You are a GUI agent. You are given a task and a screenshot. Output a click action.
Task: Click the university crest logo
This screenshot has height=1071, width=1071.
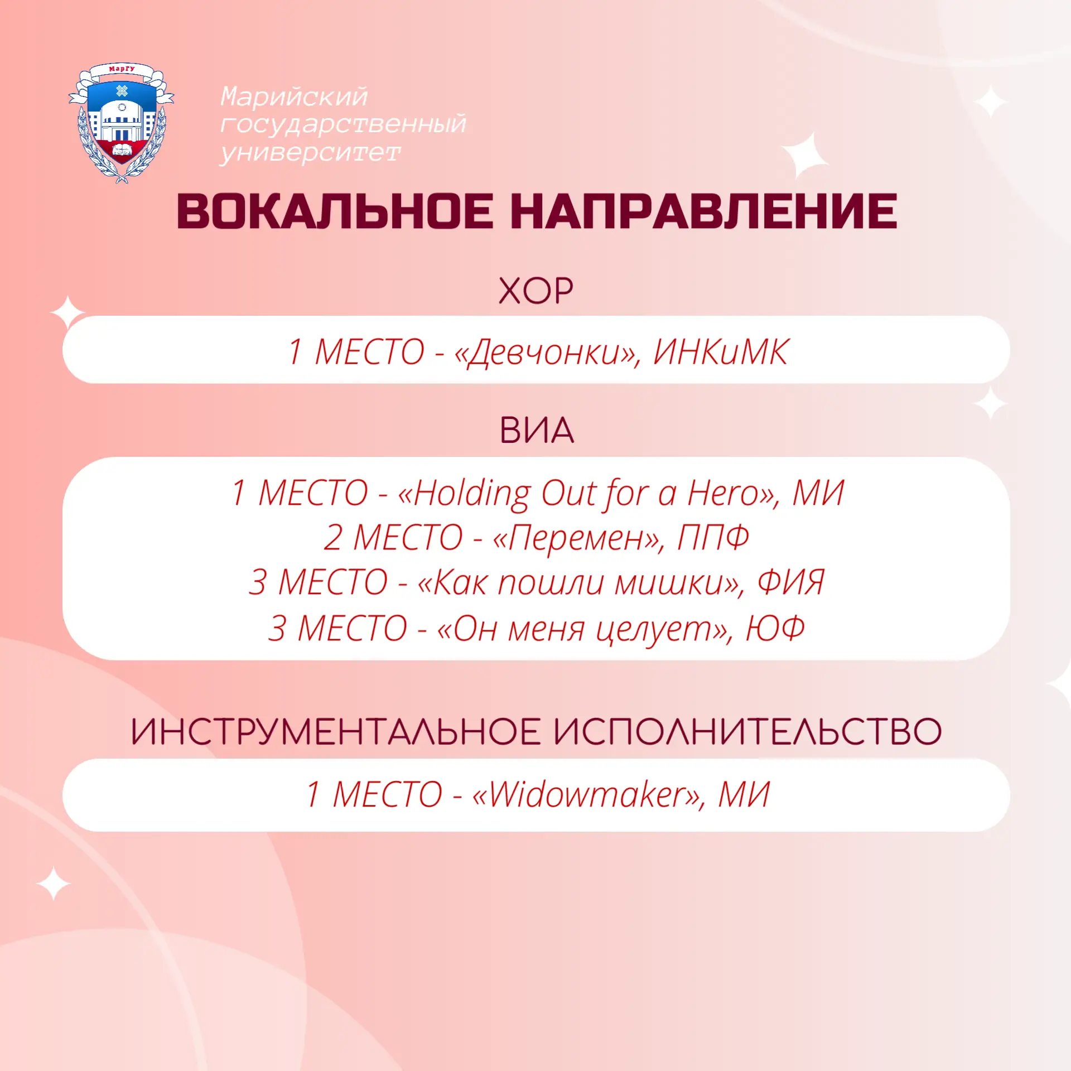(x=121, y=123)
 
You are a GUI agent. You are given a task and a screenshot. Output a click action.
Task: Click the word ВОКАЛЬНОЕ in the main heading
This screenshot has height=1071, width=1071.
(x=335, y=211)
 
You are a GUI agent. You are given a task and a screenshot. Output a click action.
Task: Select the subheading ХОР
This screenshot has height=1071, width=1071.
(x=535, y=291)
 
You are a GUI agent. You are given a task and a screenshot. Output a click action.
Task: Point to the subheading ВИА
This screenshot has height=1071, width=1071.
(x=536, y=430)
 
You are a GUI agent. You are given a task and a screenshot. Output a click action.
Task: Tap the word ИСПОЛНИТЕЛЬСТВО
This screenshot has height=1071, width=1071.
(x=748, y=731)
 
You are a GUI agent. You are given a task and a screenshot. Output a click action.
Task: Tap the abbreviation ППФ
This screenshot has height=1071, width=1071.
(x=713, y=537)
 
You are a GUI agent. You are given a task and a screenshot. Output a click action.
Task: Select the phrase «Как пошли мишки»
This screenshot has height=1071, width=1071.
(x=580, y=583)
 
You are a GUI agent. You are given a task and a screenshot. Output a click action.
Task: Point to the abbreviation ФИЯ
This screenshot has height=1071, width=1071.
(x=790, y=582)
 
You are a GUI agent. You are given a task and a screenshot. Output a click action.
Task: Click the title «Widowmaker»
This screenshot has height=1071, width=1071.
(x=588, y=794)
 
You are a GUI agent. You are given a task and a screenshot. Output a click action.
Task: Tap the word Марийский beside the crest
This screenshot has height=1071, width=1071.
(x=294, y=97)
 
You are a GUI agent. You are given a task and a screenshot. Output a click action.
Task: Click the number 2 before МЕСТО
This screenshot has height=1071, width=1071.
(x=332, y=538)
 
